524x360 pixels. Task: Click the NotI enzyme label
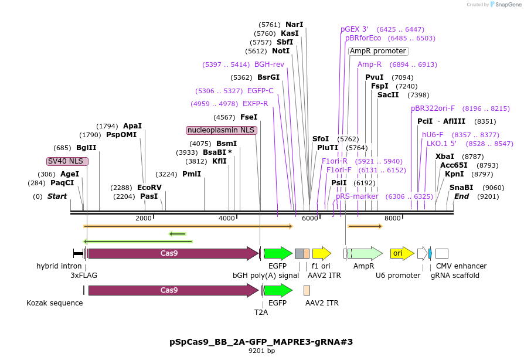(x=281, y=51)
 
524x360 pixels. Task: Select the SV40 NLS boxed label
(x=67, y=161)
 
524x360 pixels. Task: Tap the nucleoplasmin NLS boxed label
(x=222, y=130)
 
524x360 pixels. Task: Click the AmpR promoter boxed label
(x=379, y=51)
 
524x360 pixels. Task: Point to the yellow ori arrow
(x=402, y=253)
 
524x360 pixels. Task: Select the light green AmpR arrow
(x=365, y=253)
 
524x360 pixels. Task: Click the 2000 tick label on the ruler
(x=144, y=218)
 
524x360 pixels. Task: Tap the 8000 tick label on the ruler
(x=392, y=218)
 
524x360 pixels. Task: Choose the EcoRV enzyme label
(x=149, y=188)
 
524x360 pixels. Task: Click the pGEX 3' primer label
(x=355, y=29)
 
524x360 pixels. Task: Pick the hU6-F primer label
(x=433, y=135)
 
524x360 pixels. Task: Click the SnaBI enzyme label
(x=461, y=188)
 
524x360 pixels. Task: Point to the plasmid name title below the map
(x=261, y=342)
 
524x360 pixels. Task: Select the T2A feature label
(x=261, y=313)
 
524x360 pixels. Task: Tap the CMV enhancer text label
(x=461, y=266)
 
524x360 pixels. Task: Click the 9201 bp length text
(x=261, y=351)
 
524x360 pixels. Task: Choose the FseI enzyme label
(x=249, y=117)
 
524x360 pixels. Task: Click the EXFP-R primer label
(x=256, y=104)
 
